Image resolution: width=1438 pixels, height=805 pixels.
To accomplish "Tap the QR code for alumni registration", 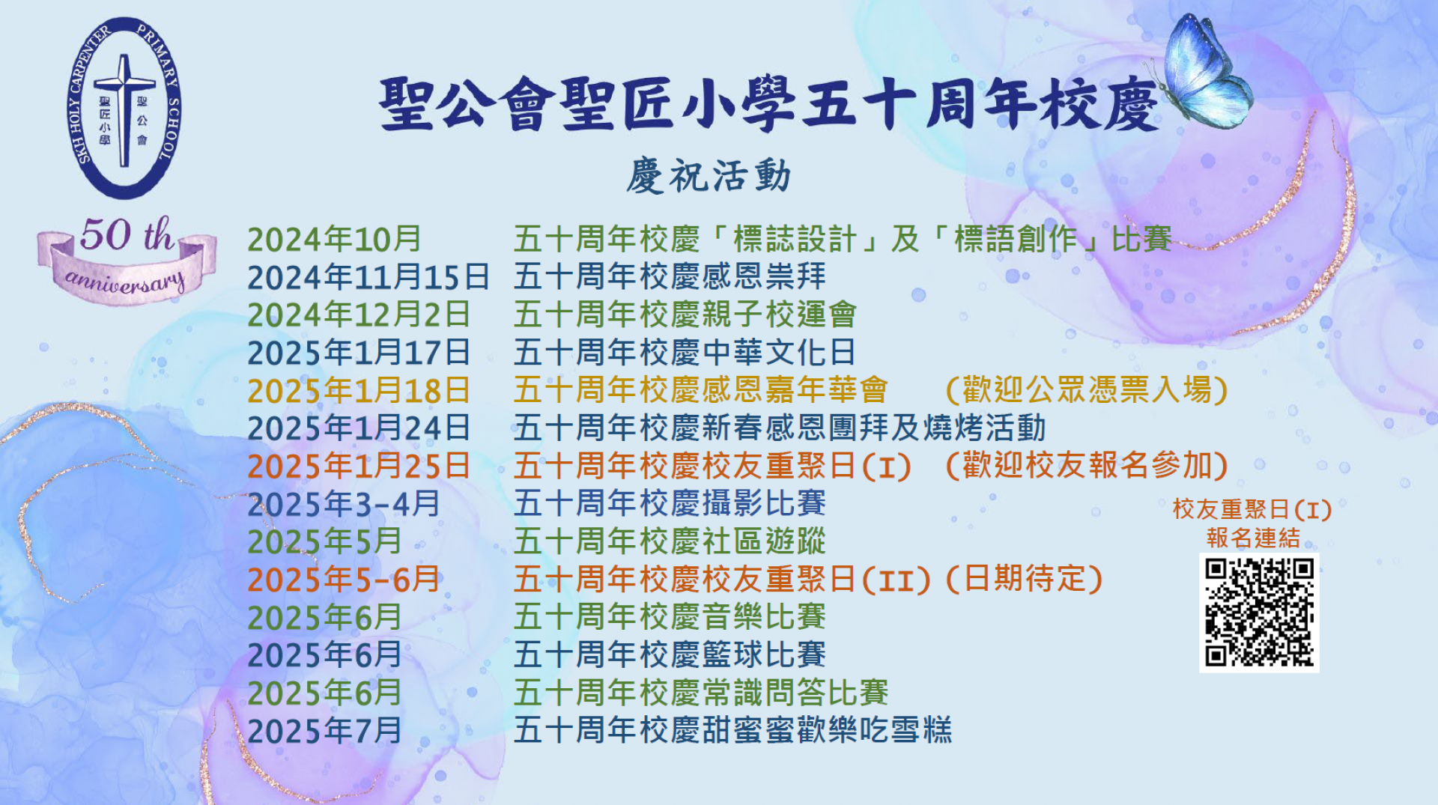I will click(x=1258, y=613).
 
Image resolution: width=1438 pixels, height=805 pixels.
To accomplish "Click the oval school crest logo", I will click(x=124, y=109).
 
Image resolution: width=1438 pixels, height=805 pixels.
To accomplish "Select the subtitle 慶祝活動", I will click(x=709, y=177).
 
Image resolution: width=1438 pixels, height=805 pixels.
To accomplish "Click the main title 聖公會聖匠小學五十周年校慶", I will click(x=768, y=105).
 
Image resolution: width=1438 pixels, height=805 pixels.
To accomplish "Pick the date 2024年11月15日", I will click(x=368, y=277).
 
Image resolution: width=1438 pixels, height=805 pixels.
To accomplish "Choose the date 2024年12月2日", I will click(x=359, y=315).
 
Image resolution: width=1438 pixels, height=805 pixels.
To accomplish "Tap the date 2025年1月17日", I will click(x=359, y=353).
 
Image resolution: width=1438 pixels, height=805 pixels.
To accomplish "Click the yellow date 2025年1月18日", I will click(x=359, y=391).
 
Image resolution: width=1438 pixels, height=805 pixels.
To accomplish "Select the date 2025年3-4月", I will click(x=344, y=504).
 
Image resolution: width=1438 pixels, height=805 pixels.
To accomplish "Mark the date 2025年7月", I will click(x=324, y=731).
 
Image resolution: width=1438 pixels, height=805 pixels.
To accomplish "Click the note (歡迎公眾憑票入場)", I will click(x=1087, y=390).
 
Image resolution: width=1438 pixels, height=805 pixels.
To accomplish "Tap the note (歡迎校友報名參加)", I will click(x=1087, y=466).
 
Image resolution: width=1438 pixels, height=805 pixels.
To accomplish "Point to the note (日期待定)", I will click(x=1025, y=580).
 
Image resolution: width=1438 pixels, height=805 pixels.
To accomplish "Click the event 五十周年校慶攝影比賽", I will click(x=670, y=504).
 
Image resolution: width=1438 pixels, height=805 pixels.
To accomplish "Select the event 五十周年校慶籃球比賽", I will click(x=670, y=655).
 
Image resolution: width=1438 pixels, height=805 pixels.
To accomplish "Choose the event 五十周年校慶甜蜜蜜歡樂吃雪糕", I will click(x=732, y=731).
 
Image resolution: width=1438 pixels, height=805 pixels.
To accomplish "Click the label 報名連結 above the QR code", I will click(x=1253, y=538).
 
